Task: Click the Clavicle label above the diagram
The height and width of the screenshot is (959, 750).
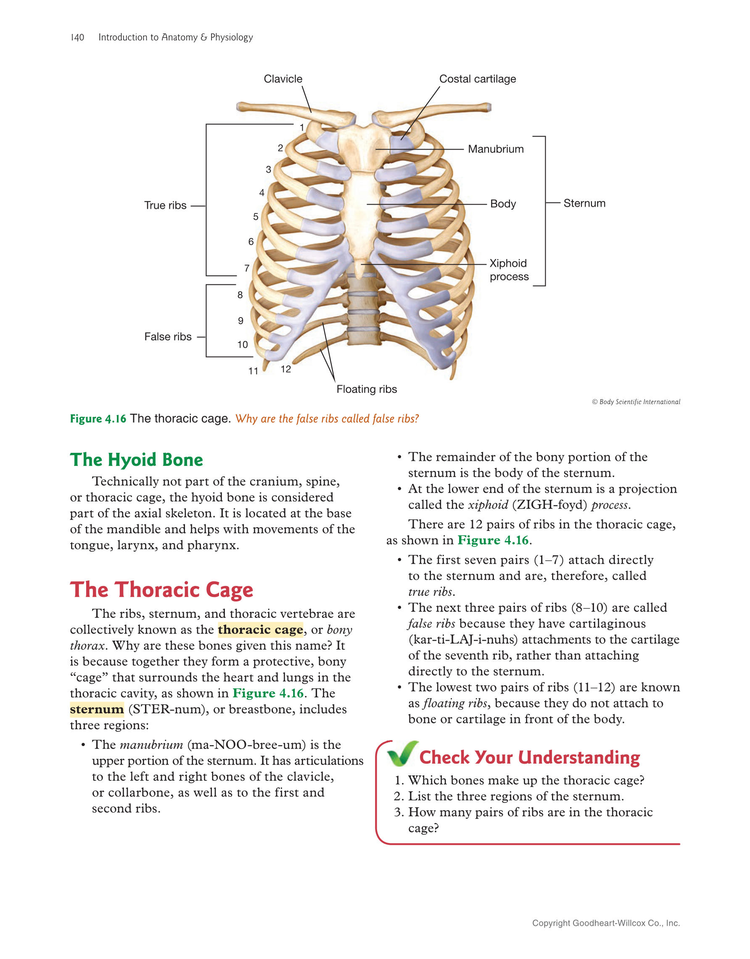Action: coord(283,79)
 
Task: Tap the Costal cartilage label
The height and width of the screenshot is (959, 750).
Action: coord(478,79)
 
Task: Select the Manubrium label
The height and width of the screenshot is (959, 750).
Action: coord(496,149)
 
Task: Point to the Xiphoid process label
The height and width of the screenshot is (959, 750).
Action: coord(509,270)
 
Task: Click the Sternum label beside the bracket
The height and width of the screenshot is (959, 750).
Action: coord(584,203)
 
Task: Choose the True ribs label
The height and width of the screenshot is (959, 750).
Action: coord(165,205)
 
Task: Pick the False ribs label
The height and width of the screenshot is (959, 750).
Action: coord(168,337)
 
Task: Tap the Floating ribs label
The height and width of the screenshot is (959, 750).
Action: coord(367,389)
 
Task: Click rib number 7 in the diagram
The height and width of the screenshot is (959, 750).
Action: coord(247,268)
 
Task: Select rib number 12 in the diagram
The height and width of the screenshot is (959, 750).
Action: coord(285,369)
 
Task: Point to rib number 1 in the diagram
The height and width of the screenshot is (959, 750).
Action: coord(302,127)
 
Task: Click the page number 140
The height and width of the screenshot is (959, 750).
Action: coord(77,37)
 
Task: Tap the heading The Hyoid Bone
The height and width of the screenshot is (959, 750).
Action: coord(137,460)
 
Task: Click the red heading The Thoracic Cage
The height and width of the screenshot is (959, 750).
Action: coord(162,590)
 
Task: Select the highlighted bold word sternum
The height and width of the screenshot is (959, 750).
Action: coord(97,709)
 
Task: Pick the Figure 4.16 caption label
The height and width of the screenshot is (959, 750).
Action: coord(98,419)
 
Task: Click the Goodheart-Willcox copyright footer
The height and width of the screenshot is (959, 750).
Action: coord(606,923)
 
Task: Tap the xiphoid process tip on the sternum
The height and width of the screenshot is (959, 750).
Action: coord(360,278)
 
